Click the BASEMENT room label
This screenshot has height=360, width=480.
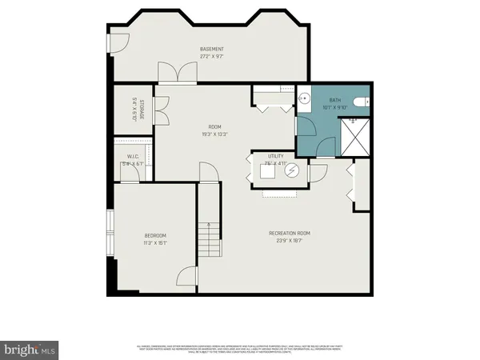[x=211, y=50]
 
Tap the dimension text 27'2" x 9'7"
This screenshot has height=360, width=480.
[x=211, y=57]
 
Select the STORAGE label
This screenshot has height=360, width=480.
[x=142, y=109]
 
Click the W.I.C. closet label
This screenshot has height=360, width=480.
[x=134, y=157]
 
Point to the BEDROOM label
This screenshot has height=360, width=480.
[x=155, y=235]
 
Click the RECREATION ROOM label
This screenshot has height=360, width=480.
[x=289, y=233]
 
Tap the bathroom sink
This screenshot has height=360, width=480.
[x=305, y=101]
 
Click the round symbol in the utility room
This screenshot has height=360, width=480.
[x=292, y=170]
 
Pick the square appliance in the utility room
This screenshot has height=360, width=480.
[x=267, y=170]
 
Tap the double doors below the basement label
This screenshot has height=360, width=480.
[x=178, y=74]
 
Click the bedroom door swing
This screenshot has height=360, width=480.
[x=186, y=276]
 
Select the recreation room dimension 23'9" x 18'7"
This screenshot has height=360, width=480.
[x=289, y=240]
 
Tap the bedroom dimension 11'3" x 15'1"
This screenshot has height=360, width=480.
[x=155, y=242]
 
